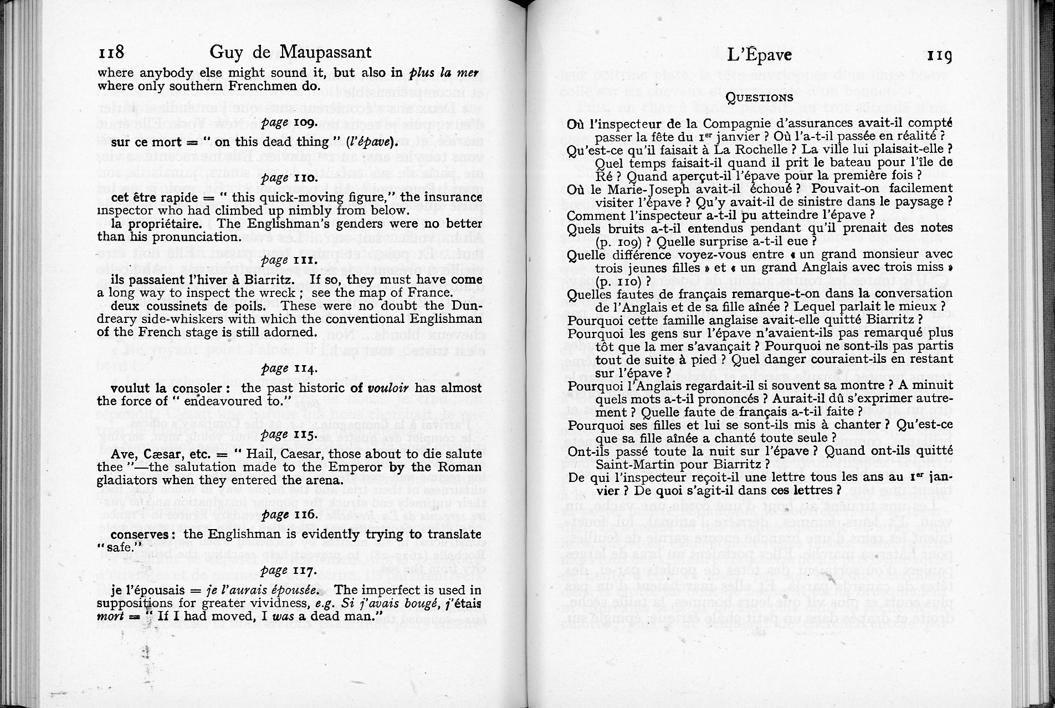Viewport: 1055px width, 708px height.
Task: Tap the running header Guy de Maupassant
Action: (290, 53)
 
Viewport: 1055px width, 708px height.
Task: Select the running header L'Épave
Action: (759, 55)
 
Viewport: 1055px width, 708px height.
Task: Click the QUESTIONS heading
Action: (760, 98)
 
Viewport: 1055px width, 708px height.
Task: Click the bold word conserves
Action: (140, 535)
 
